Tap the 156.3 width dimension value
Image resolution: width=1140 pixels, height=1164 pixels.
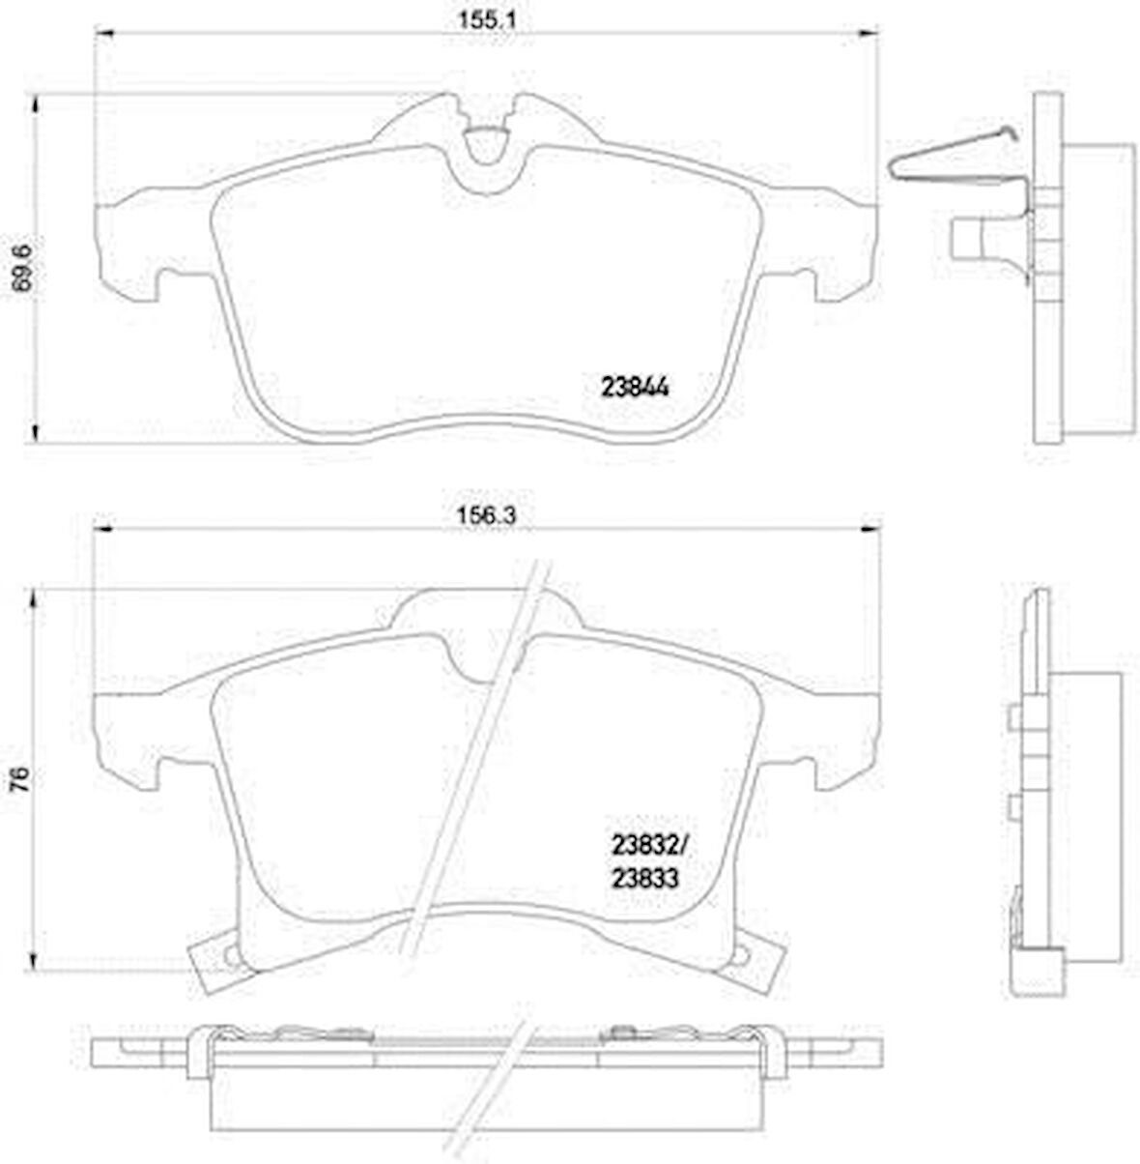[x=488, y=516]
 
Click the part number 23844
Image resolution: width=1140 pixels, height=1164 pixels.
[x=635, y=387]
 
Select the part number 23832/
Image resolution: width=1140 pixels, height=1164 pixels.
[x=646, y=845]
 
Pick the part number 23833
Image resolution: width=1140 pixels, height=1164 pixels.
[x=642, y=878]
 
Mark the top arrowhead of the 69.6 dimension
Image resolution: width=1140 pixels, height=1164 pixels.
[x=36, y=106]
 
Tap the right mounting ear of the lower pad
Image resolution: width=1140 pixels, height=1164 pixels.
[x=845, y=740]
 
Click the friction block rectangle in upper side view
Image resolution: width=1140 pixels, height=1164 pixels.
[x=1097, y=285]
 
